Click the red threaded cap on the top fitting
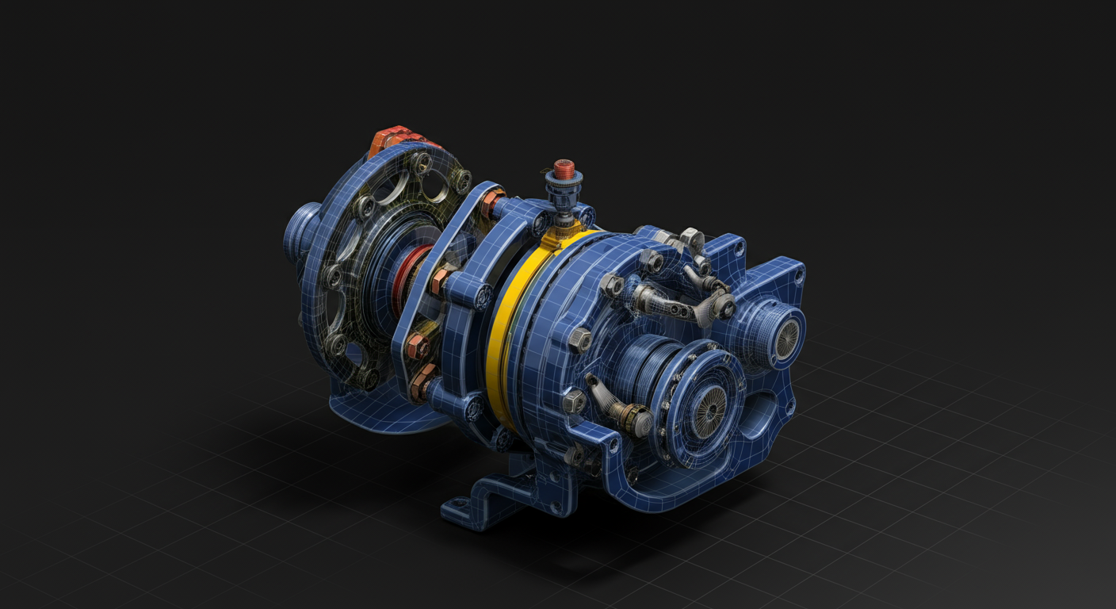pyautogui.click(x=564, y=168)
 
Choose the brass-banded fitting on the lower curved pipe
pyautogui.click(x=634, y=418)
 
